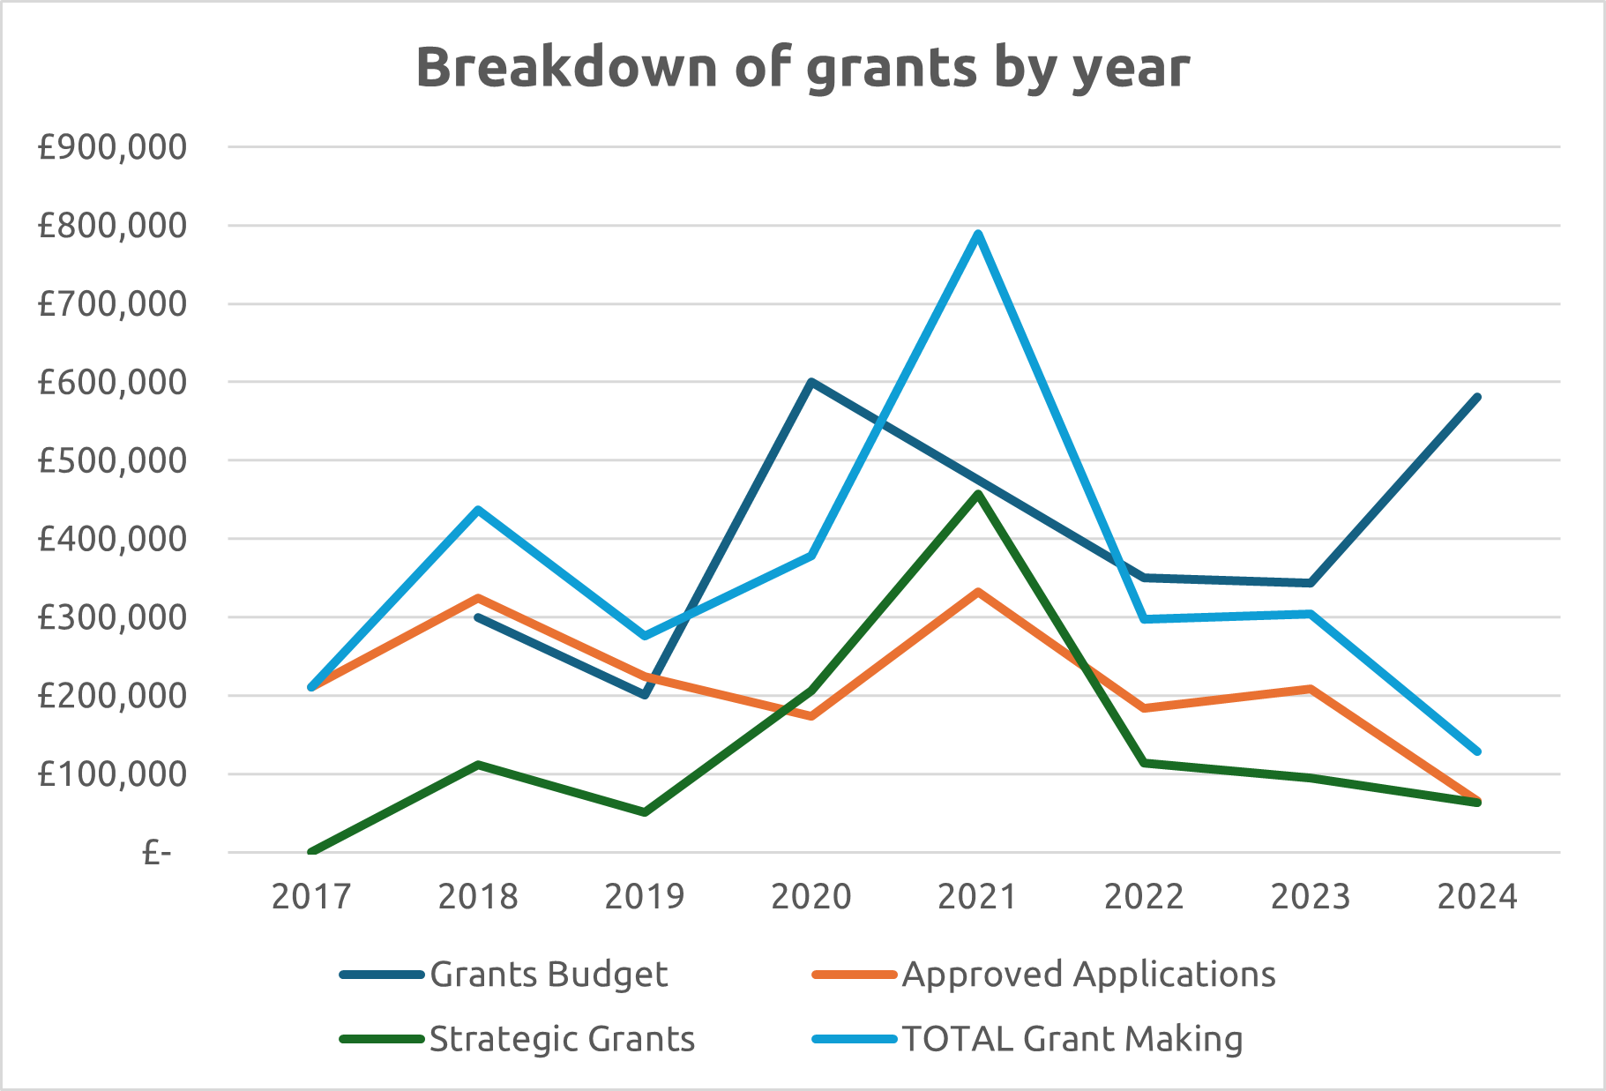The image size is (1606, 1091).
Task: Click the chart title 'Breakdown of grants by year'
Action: [x=803, y=67]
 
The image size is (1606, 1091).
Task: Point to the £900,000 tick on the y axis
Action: [x=112, y=147]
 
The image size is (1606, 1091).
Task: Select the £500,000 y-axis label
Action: [x=112, y=460]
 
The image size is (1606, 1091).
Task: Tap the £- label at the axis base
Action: [x=156, y=853]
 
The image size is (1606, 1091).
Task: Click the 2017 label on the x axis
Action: [x=311, y=897]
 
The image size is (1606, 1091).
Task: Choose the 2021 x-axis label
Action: [x=977, y=897]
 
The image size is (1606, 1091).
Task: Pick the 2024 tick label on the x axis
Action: [x=1477, y=897]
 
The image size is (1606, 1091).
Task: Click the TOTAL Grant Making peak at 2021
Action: [x=978, y=234]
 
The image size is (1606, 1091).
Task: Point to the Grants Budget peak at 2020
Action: [x=811, y=382]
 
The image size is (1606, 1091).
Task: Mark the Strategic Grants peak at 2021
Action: [x=978, y=494]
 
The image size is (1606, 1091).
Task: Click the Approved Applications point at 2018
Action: [x=478, y=598]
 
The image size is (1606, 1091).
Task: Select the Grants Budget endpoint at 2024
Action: [x=1477, y=398]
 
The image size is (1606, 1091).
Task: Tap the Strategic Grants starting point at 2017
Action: [x=311, y=852]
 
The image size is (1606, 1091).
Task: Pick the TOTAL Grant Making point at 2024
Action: [x=1477, y=751]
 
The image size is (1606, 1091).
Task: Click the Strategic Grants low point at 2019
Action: [x=645, y=812]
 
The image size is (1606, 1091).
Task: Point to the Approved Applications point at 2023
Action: [x=1311, y=689]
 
